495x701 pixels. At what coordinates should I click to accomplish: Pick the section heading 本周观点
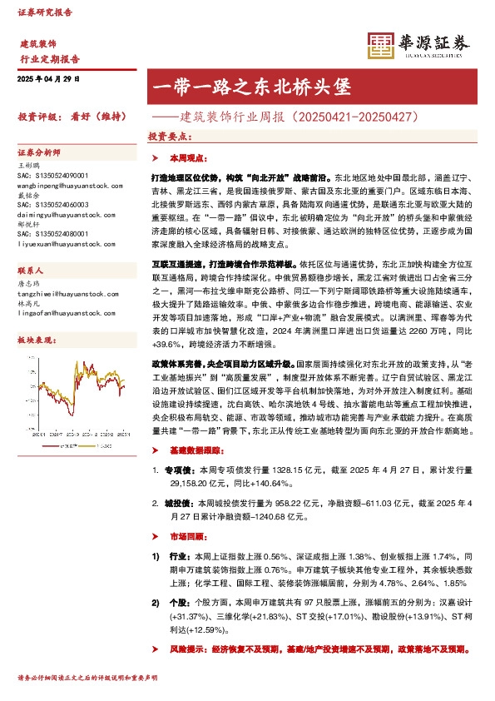pyautogui.click(x=186, y=157)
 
